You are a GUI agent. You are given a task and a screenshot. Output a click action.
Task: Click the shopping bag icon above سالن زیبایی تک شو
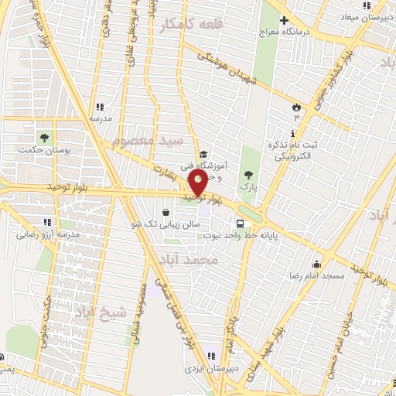pos(166,211)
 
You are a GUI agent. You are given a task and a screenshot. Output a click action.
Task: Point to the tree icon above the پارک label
pos(247,176)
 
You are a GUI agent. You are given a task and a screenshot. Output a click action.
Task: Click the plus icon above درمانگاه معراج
pos(285,20)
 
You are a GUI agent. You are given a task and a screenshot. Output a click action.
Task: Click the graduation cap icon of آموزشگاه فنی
pos(203,155)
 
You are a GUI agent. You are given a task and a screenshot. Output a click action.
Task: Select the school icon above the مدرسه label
pos(99,108)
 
